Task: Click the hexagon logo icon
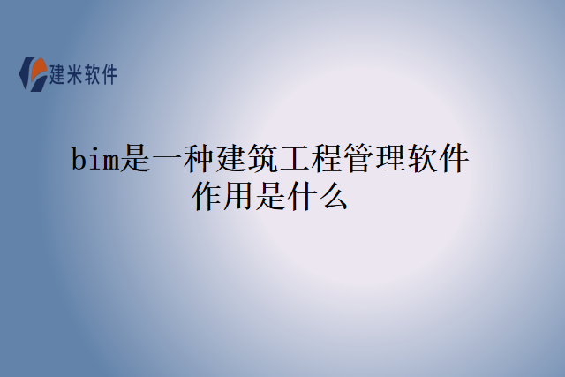(x=34, y=74)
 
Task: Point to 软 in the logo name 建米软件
(x=95, y=75)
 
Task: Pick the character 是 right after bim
(x=135, y=161)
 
